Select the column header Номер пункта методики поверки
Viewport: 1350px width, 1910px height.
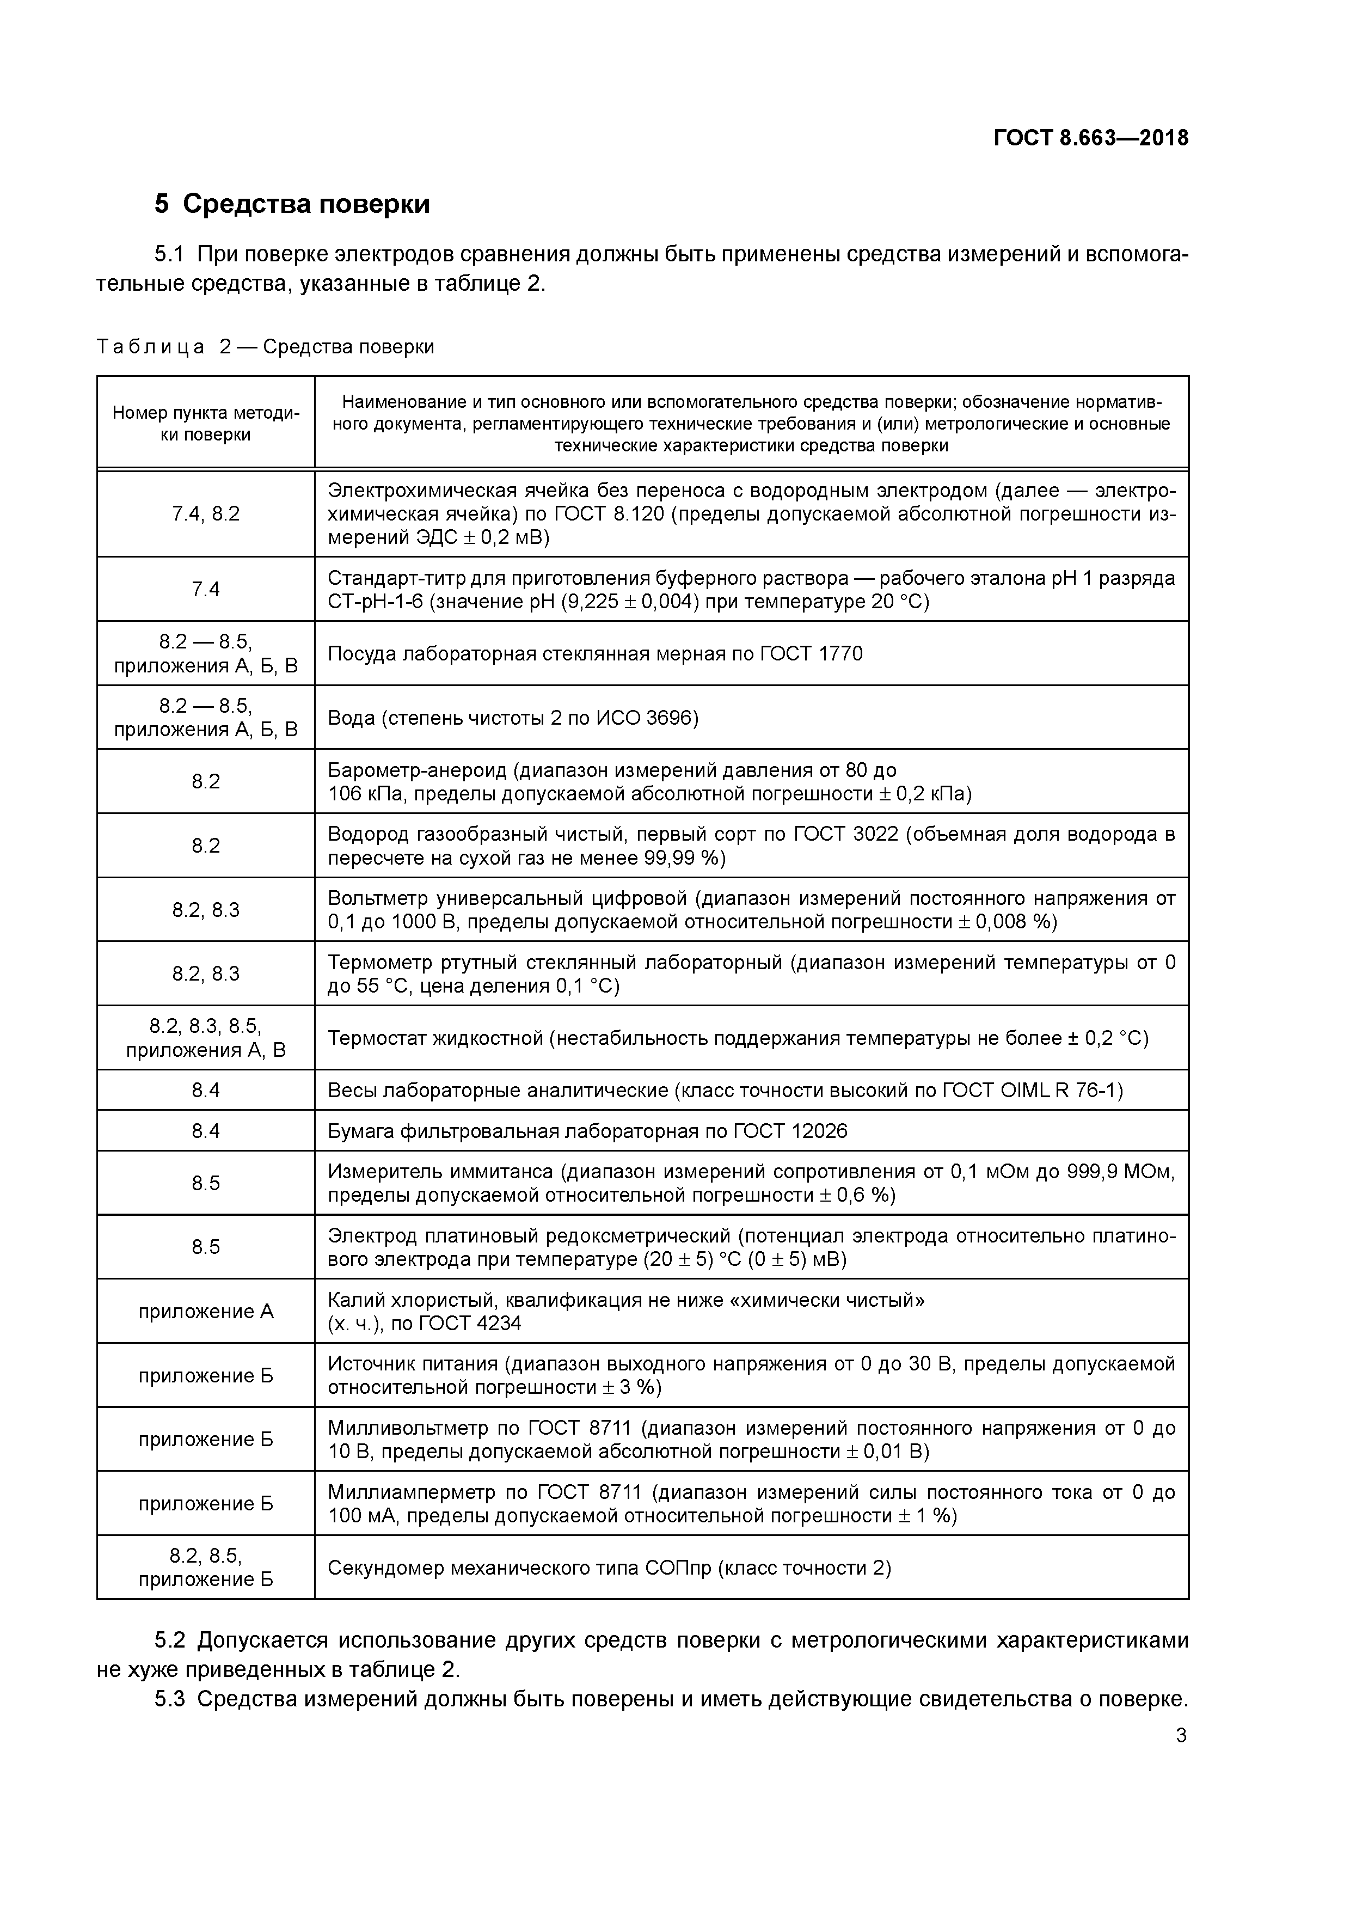[205, 424]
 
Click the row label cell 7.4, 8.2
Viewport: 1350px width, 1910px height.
[205, 514]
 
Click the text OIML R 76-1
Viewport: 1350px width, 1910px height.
[1059, 1091]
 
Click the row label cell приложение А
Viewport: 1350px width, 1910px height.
[205, 1312]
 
